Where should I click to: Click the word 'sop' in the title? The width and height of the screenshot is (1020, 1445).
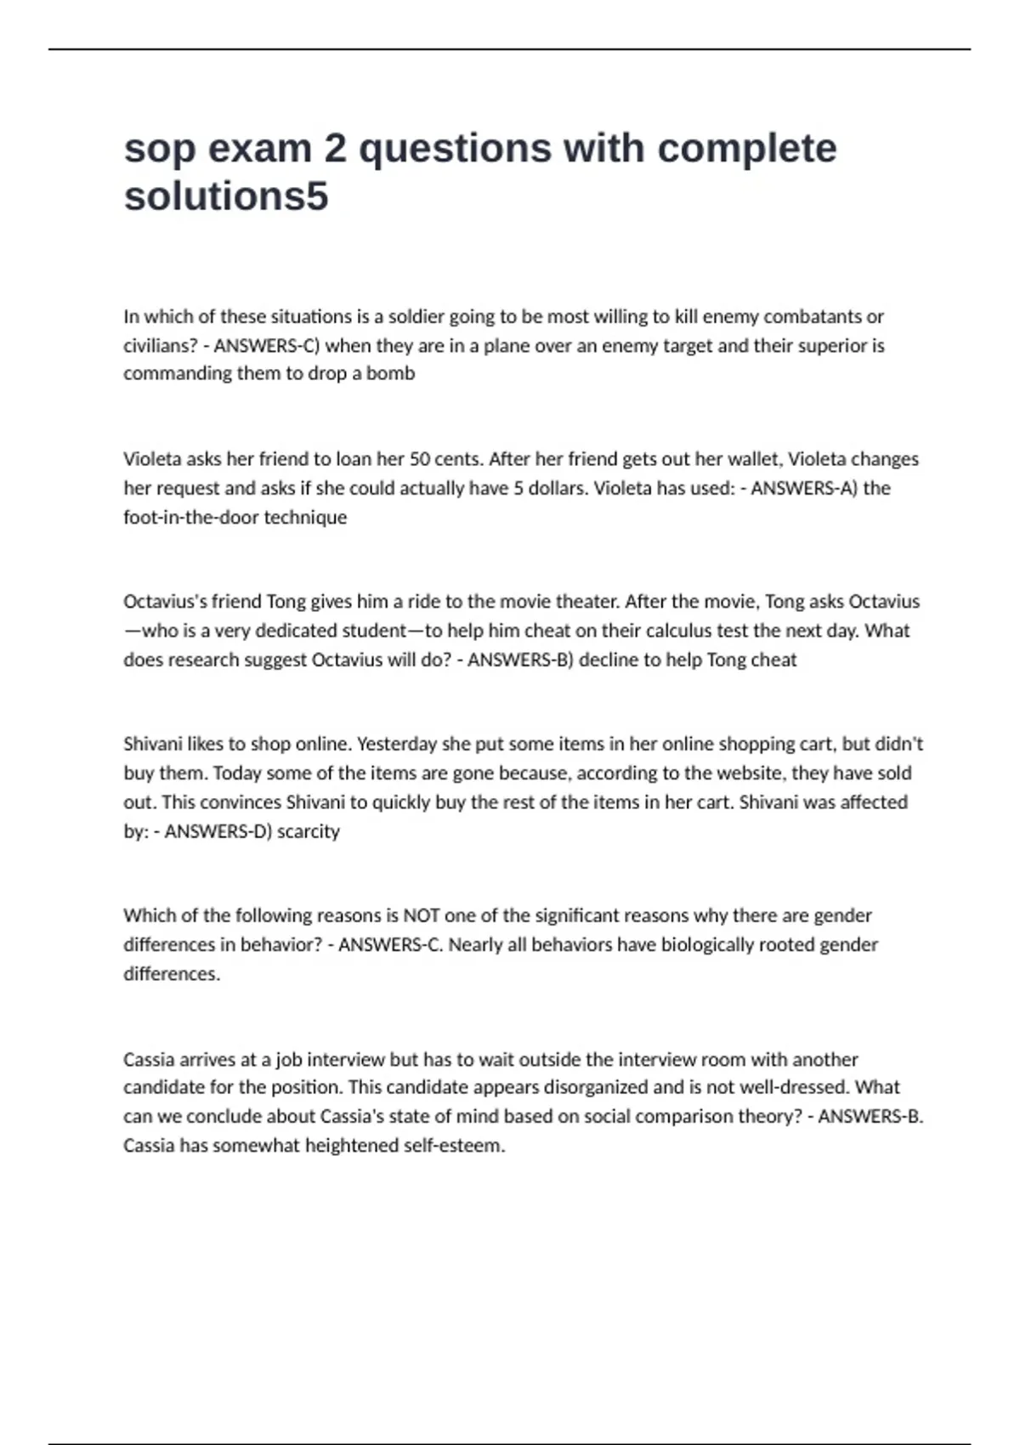point(158,150)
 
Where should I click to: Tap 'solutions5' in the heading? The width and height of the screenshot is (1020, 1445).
point(226,197)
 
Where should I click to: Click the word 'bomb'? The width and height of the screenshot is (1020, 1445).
point(391,373)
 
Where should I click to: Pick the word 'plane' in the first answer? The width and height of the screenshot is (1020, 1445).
point(511,346)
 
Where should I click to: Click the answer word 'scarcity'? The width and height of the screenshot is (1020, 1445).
point(309,831)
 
